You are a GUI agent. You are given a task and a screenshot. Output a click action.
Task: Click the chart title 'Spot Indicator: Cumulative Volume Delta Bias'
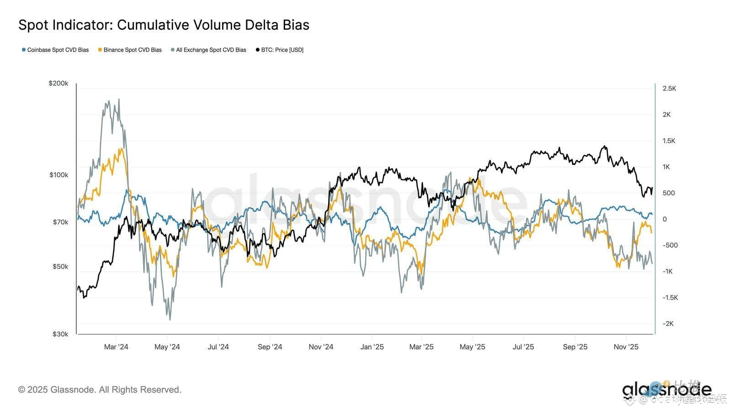click(164, 25)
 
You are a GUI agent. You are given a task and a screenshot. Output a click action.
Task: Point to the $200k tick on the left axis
click(58, 84)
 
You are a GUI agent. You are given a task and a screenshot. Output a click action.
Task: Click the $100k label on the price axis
click(58, 175)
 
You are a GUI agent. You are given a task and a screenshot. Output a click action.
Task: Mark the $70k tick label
click(60, 222)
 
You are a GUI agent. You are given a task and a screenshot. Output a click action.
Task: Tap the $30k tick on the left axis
click(60, 334)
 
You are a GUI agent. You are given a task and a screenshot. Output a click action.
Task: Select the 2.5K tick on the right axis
click(669, 89)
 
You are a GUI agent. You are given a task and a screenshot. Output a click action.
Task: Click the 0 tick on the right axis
click(665, 219)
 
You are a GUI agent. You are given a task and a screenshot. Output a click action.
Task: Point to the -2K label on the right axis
click(668, 324)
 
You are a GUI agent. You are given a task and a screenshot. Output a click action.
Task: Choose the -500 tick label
click(670, 245)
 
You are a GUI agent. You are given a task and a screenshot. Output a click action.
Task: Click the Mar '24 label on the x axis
click(116, 347)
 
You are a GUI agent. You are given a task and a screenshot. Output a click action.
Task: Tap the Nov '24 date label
click(321, 347)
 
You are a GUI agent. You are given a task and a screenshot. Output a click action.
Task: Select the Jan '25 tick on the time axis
click(372, 347)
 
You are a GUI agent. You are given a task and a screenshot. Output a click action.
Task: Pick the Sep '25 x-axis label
click(575, 347)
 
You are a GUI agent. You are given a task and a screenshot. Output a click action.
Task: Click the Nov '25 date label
click(626, 347)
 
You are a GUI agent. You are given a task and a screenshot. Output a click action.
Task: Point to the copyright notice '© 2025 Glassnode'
click(100, 390)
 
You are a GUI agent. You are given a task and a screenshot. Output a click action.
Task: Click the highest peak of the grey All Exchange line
click(119, 99)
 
